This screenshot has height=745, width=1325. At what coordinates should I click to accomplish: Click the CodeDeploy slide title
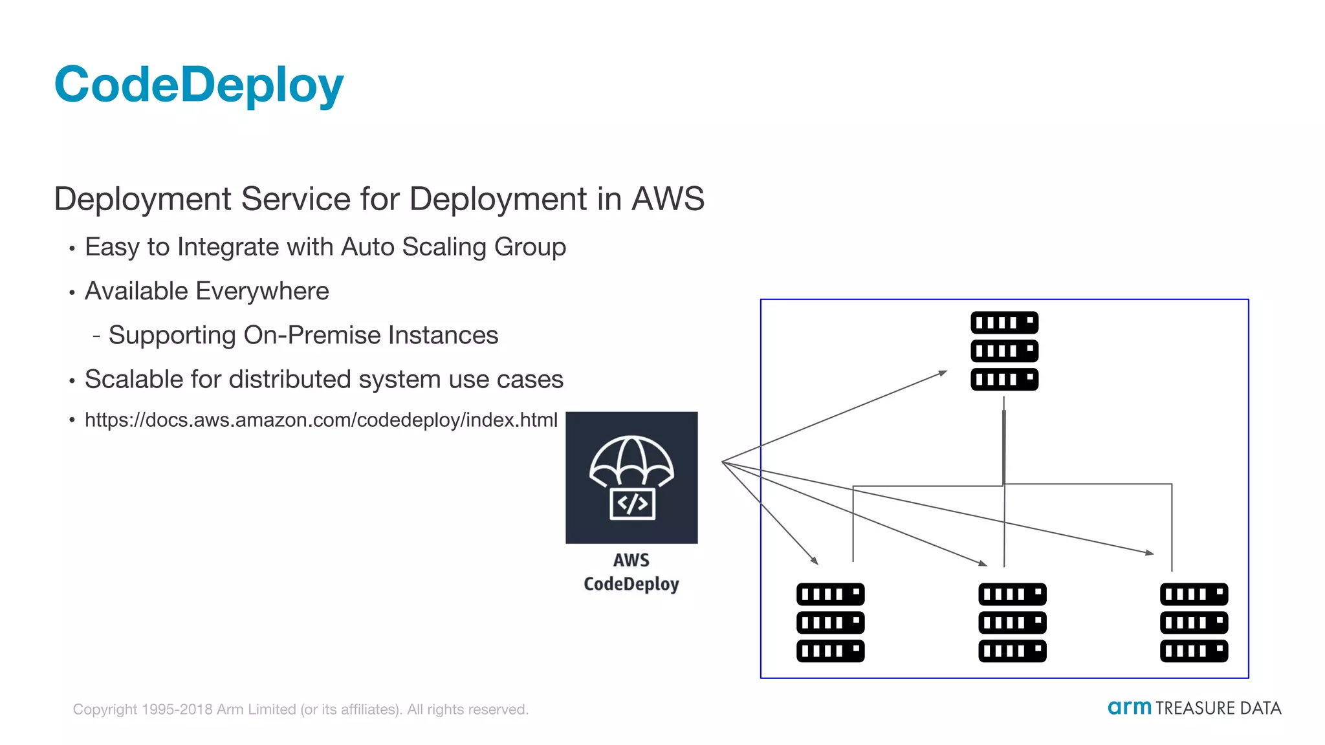coord(199,85)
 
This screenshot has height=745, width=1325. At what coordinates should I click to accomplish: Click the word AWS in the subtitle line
coord(668,199)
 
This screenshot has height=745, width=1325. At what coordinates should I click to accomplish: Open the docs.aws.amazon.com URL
coord(321,420)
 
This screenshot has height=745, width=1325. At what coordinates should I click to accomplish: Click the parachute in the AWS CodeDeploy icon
coord(631,460)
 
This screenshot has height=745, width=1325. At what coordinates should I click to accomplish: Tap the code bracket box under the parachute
coord(632,504)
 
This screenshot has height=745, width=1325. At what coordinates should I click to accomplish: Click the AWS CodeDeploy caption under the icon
coord(631,572)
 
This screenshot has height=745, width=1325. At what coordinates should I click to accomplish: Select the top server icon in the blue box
coord(1004,351)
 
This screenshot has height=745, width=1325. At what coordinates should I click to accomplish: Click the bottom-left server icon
coord(830,622)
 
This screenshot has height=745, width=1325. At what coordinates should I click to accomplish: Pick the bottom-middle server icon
coord(1012,622)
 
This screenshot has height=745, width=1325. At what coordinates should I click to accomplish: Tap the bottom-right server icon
coord(1194,622)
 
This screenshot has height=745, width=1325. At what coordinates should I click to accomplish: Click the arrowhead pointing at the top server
coord(943,373)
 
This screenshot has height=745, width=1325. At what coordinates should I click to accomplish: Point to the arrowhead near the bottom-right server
coord(1150,553)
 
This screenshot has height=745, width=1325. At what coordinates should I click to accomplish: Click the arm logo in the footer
coord(1129,707)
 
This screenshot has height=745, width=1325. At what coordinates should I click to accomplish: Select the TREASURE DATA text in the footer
coord(1218,708)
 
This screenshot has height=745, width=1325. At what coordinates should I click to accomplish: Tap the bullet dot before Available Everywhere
coord(72,292)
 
